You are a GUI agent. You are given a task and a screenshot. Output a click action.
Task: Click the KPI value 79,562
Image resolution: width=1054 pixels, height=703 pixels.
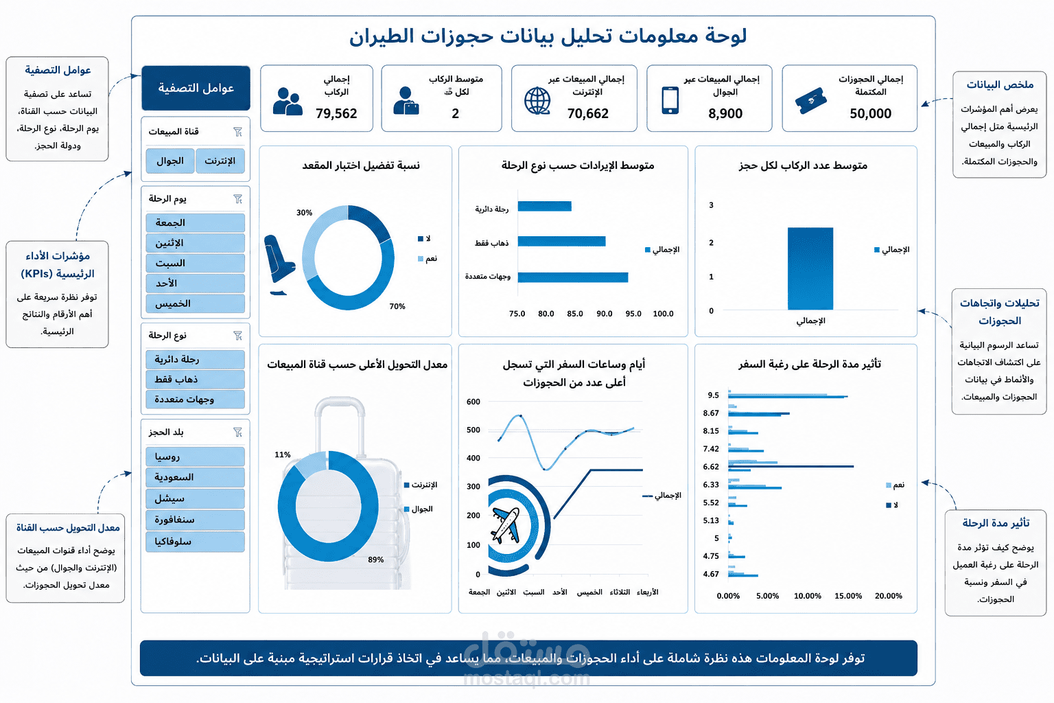pyautogui.click(x=336, y=113)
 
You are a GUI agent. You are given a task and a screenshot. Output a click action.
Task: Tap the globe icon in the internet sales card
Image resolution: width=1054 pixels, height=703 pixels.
pyautogui.click(x=537, y=100)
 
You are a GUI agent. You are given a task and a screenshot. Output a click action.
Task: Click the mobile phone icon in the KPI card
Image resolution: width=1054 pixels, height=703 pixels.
pyautogui.click(x=670, y=100)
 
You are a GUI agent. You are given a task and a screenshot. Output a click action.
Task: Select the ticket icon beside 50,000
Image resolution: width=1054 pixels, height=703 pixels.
pyautogui.click(x=810, y=100)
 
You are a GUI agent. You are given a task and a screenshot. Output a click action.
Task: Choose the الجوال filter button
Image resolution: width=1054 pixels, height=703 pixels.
pyautogui.click(x=170, y=161)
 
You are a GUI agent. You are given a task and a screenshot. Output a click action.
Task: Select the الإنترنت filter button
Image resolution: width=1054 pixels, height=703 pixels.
pyautogui.click(x=220, y=161)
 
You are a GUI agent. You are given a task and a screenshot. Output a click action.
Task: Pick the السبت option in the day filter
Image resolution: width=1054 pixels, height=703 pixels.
pyautogui.click(x=196, y=263)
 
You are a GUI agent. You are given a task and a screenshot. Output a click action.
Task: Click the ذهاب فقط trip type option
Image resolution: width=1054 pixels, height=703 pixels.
pyautogui.click(x=196, y=379)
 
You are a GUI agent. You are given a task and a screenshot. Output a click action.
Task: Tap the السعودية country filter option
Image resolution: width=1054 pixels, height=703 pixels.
pyautogui.click(x=196, y=477)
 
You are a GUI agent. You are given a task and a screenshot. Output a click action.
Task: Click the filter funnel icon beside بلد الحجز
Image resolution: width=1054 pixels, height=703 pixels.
pyautogui.click(x=237, y=432)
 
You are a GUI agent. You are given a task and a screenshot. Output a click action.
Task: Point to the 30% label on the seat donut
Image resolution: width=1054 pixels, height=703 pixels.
pyautogui.click(x=304, y=212)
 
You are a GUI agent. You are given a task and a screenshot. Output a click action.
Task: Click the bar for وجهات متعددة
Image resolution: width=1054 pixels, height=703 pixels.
pyautogui.click(x=573, y=277)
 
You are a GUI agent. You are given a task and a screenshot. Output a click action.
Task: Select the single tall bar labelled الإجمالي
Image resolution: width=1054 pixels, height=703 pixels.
pyautogui.click(x=810, y=268)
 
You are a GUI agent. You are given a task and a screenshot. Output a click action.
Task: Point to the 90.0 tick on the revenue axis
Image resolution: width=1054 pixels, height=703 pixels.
pyautogui.click(x=604, y=314)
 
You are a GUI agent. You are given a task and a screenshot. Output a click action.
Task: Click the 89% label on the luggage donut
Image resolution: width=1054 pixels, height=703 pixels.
pyautogui.click(x=375, y=560)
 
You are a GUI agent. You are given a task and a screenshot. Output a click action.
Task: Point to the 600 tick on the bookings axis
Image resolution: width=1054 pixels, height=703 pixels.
pyautogui.click(x=473, y=402)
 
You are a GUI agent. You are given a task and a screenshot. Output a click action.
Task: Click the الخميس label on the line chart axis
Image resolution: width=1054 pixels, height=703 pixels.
pyautogui.click(x=589, y=592)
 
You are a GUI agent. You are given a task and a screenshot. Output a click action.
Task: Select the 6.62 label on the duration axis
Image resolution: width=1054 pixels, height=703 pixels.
pyautogui.click(x=710, y=467)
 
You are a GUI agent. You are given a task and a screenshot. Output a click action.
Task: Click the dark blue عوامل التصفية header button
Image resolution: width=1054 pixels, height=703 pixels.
pyautogui.click(x=196, y=88)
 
